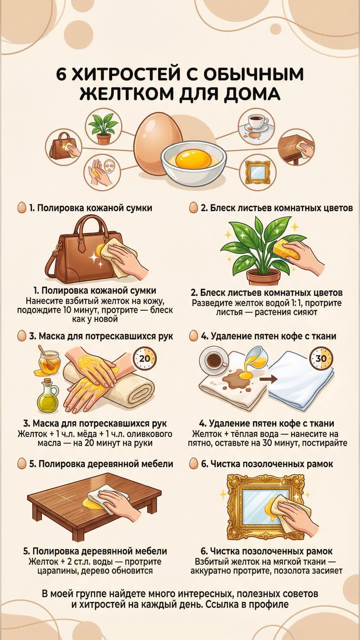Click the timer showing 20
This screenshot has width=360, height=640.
coord(145,359)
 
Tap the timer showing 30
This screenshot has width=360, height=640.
coord(321,358)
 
